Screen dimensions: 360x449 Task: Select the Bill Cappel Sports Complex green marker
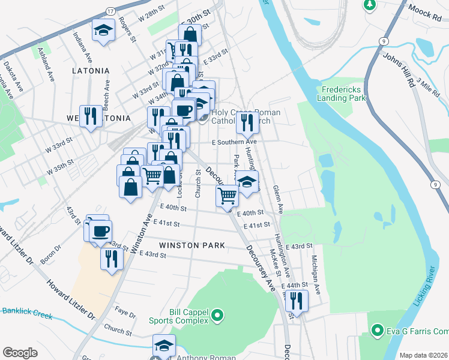(218, 314)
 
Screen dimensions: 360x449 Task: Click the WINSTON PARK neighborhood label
(192, 245)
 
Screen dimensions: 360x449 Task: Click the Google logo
(20, 353)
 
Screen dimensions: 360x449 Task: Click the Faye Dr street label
(125, 313)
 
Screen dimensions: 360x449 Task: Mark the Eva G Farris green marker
(378, 330)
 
